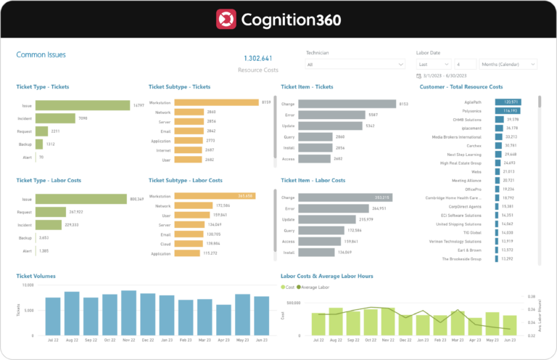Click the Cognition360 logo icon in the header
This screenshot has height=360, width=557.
coord(226,19)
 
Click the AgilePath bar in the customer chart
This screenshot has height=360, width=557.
coord(508,102)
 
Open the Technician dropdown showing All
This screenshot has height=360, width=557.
coord(355,65)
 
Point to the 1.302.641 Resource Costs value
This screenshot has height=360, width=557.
coord(257,58)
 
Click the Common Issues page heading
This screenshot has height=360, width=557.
coord(42,54)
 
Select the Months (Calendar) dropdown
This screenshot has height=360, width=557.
coord(508,65)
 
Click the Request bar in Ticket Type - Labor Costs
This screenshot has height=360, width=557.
coord(51,213)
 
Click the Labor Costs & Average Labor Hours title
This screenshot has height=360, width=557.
coord(331,276)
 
